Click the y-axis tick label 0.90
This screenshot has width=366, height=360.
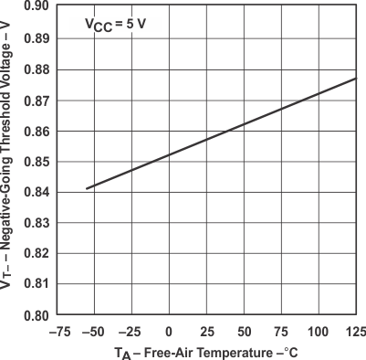click(x=36, y=6)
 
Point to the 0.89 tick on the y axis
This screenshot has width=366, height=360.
click(x=36, y=37)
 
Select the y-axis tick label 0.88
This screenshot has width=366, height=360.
click(x=36, y=69)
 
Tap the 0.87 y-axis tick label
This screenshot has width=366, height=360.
click(x=36, y=100)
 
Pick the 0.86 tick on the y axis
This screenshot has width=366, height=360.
click(x=36, y=131)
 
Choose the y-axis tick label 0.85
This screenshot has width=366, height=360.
click(x=36, y=162)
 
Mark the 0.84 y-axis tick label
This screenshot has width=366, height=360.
click(x=36, y=192)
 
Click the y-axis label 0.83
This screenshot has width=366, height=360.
click(x=36, y=223)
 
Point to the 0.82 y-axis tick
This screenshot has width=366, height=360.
click(x=36, y=254)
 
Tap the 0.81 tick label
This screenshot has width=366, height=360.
click(x=36, y=285)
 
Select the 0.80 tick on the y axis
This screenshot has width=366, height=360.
click(x=36, y=315)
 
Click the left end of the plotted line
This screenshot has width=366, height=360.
click(x=87, y=188)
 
